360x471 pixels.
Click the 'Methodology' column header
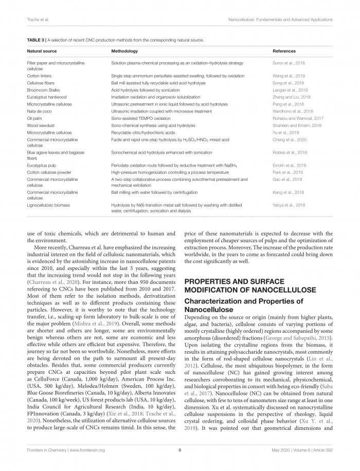coord(124,51)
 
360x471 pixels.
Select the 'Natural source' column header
coord(42,51)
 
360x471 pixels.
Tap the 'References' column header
coord(284,51)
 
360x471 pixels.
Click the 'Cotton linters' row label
coord(40,75)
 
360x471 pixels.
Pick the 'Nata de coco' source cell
coord(40,111)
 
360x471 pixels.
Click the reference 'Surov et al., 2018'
coord(289,63)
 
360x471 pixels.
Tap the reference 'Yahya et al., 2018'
coord(289,205)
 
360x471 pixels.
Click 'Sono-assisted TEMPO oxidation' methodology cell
coord(141,118)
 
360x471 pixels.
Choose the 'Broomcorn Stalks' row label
coord(44,89)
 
